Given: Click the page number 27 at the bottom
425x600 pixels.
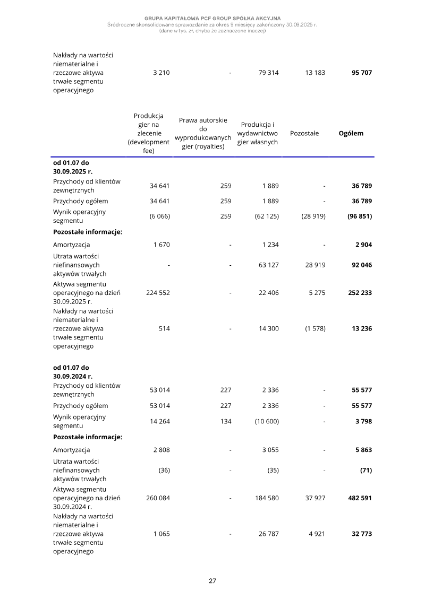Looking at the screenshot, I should point(212,581).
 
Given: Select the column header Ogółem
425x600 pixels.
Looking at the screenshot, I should point(351,134).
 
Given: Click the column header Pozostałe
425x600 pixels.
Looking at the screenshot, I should point(304,134).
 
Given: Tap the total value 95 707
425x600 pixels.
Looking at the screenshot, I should point(361,73).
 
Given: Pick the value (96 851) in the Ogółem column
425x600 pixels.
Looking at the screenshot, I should point(359,216).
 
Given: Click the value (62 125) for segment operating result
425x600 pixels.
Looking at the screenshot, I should point(267,216).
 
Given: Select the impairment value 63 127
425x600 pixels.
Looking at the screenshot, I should point(268,265).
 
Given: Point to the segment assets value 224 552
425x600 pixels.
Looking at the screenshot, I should point(158,292).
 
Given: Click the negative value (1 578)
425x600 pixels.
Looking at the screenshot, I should point(314,329).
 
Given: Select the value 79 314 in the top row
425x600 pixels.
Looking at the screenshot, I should point(268,73).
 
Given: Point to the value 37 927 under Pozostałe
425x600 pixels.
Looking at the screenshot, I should point(315,498).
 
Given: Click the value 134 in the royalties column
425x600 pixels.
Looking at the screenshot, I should point(226,422).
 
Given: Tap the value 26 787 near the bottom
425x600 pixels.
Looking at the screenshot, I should point(268,534).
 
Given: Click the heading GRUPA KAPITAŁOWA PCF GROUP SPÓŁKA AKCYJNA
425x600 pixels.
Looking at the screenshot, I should point(212,19).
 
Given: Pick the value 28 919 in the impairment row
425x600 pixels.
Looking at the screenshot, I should point(315,265).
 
